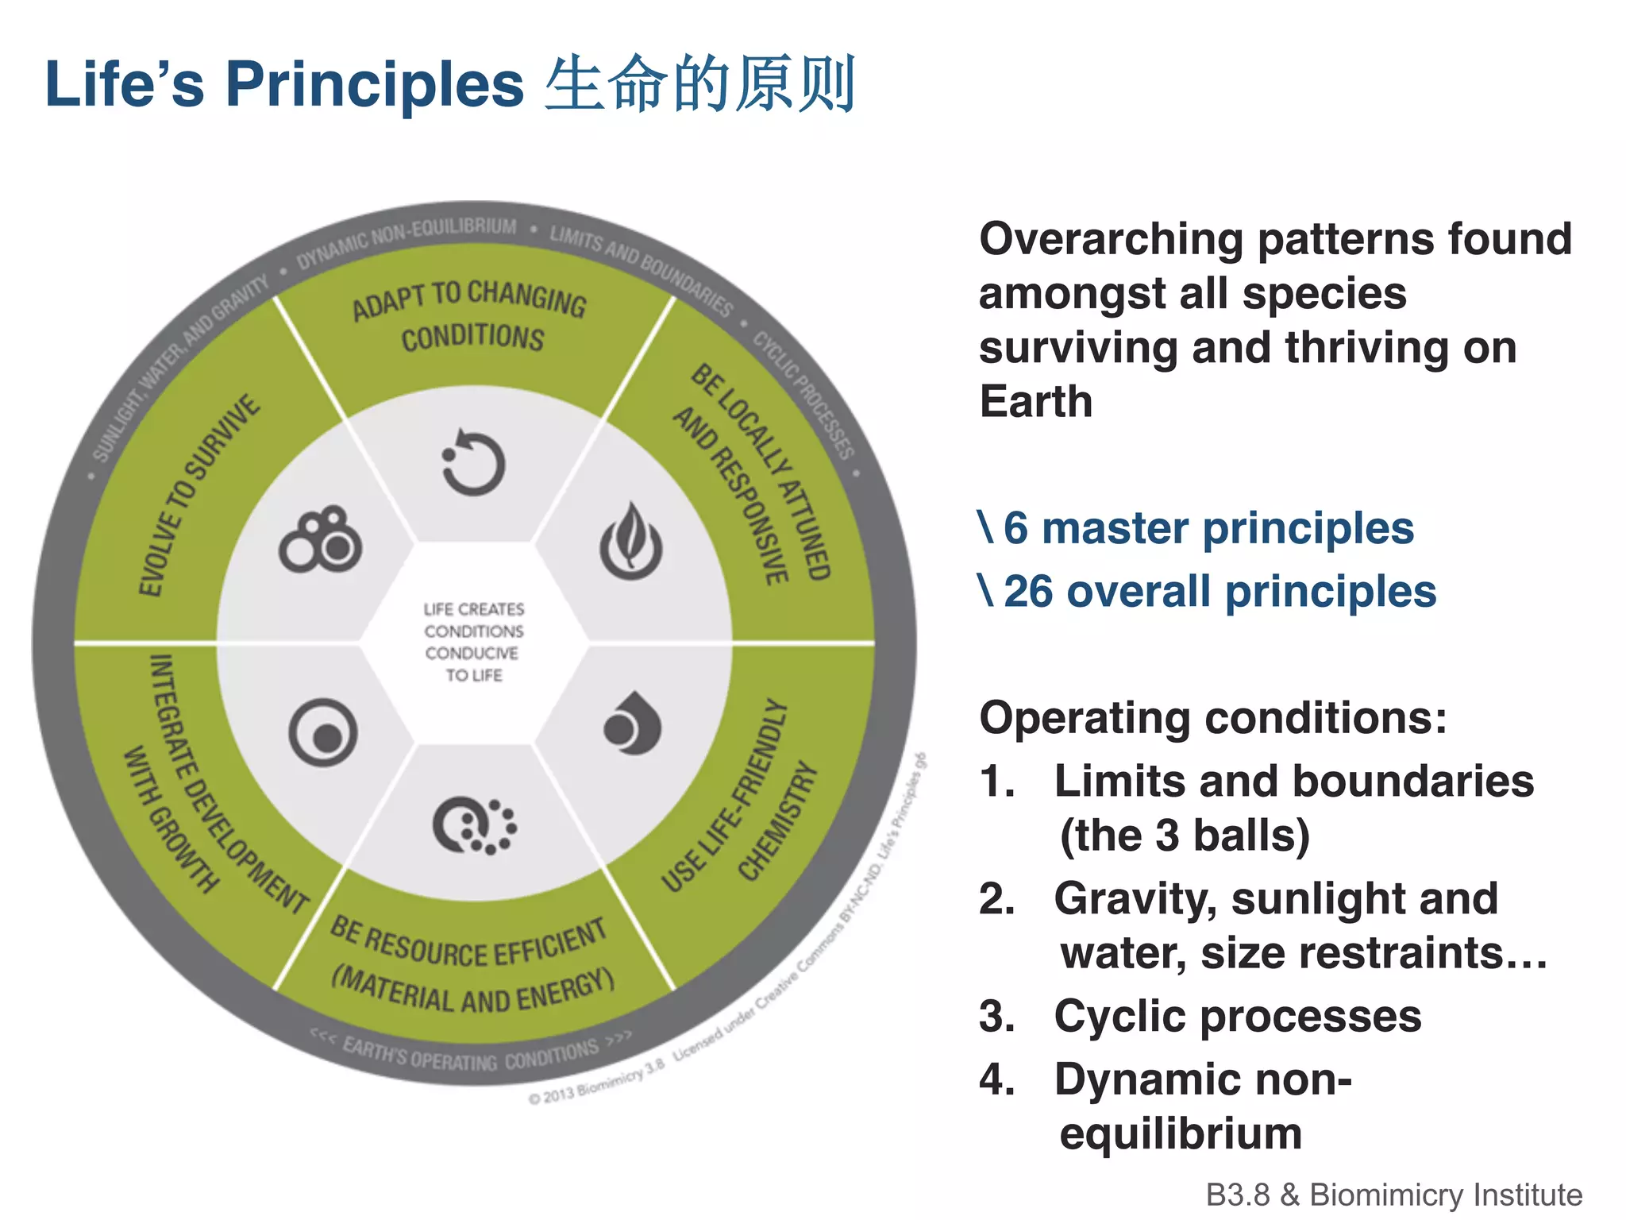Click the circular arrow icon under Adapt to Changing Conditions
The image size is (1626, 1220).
coord(473,463)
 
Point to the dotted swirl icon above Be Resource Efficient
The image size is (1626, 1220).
coord(475,826)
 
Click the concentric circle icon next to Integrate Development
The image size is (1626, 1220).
coord(323,732)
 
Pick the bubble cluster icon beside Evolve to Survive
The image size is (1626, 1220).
coord(321,540)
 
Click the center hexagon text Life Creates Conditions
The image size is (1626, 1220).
coord(473,642)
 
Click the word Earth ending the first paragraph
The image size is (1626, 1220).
coord(1035,401)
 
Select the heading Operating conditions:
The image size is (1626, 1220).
coord(1212,718)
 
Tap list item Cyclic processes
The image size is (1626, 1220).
coord(1237,1016)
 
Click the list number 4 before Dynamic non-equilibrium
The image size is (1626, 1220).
coord(996,1079)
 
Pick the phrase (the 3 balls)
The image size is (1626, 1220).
coord(1185,836)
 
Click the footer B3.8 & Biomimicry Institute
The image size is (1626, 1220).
coord(1393,1195)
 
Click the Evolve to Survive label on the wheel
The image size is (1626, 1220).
coord(198,494)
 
